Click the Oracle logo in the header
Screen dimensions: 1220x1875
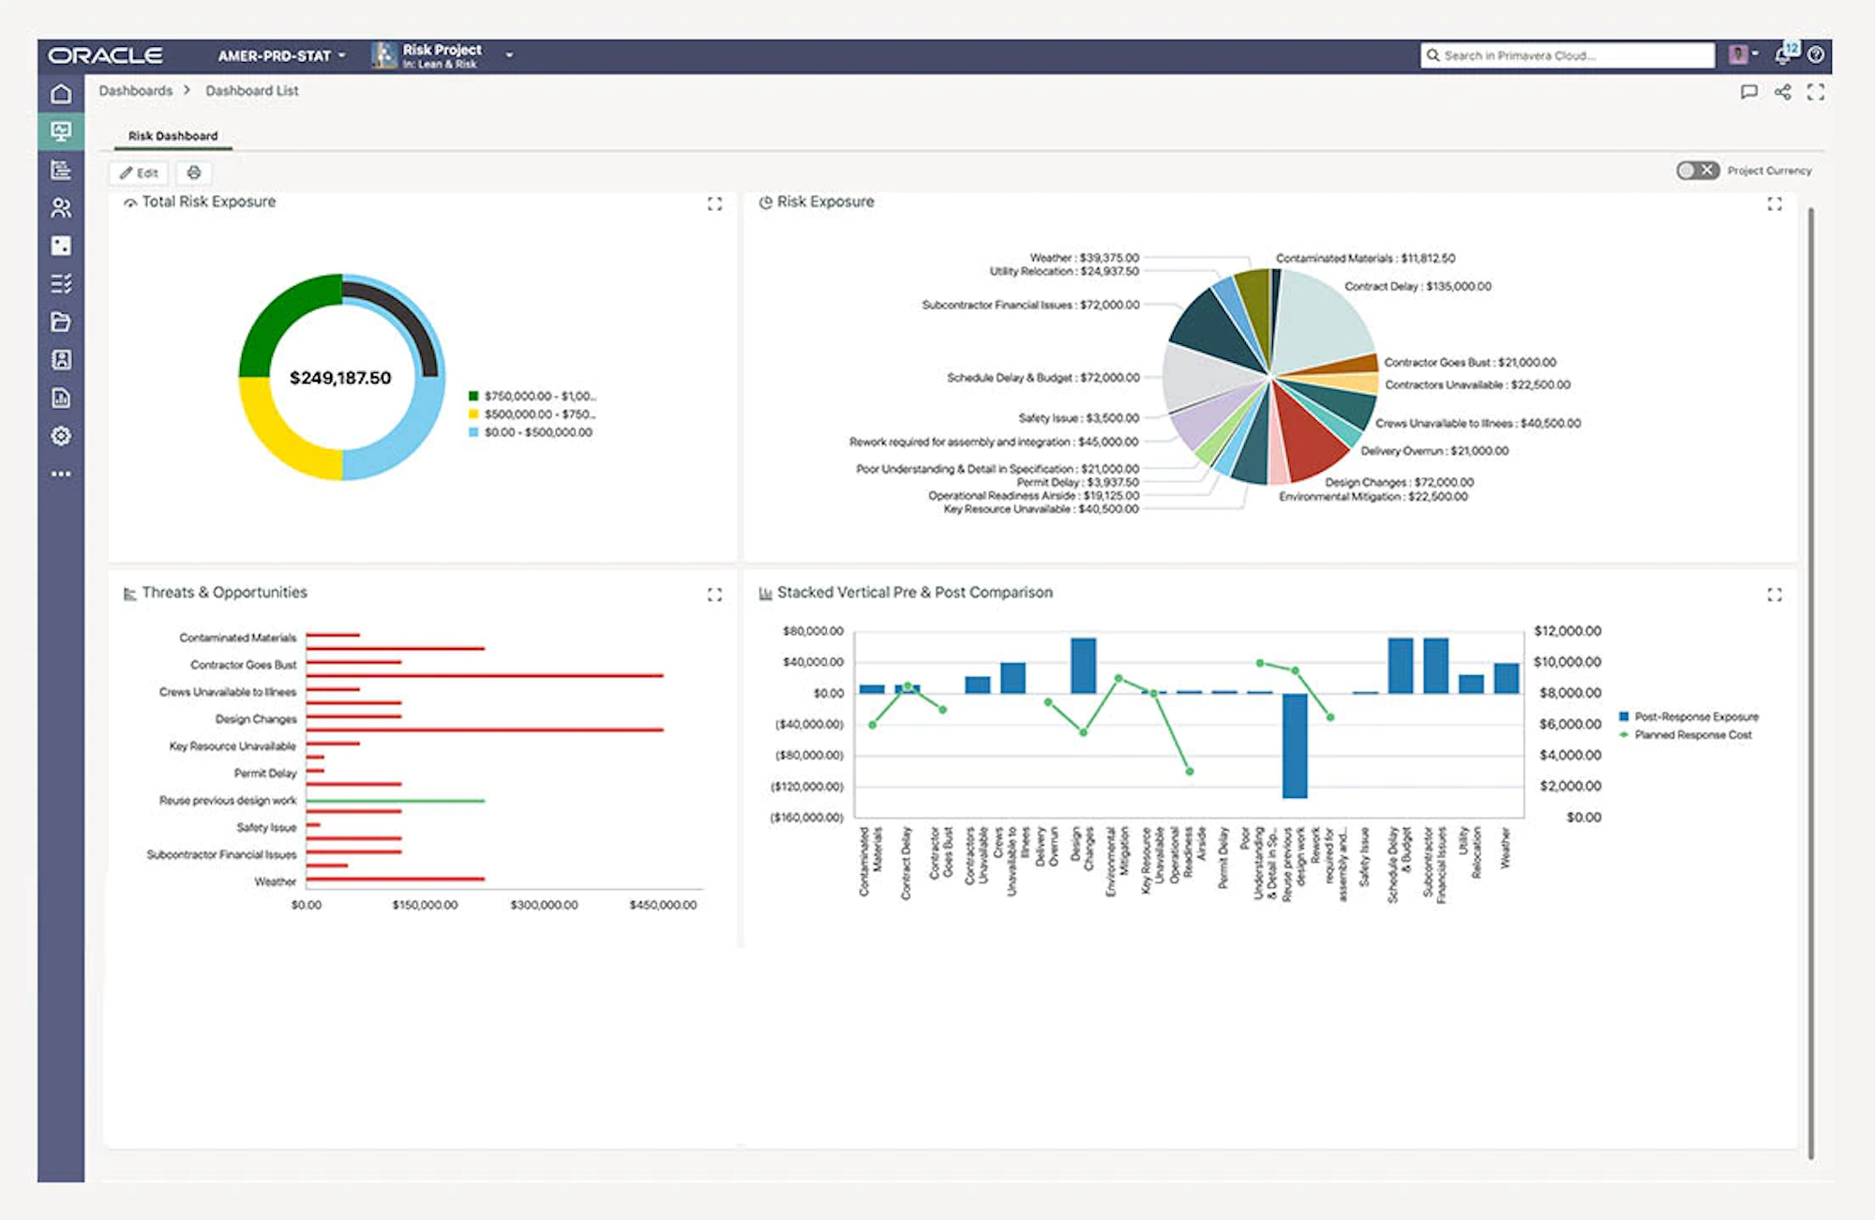click(105, 55)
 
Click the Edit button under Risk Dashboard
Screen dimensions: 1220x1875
click(139, 173)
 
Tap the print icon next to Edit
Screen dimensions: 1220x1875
click(194, 173)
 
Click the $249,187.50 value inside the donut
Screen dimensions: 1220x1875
click(340, 378)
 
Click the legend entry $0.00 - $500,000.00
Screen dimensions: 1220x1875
click(537, 432)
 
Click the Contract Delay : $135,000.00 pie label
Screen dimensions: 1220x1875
click(1417, 286)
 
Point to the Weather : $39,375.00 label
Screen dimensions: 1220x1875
click(1084, 257)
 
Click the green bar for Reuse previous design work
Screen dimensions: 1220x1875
click(395, 801)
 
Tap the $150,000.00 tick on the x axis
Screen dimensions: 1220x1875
click(425, 905)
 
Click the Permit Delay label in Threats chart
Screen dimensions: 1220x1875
click(264, 774)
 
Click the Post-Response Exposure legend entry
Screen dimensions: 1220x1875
click(1695, 716)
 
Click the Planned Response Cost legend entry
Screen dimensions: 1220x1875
click(1692, 734)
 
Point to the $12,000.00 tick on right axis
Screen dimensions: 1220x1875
click(1567, 631)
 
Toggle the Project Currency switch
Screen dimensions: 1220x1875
click(1697, 171)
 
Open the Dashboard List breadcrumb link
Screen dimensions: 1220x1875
click(251, 91)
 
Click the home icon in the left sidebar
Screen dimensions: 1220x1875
click(61, 94)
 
